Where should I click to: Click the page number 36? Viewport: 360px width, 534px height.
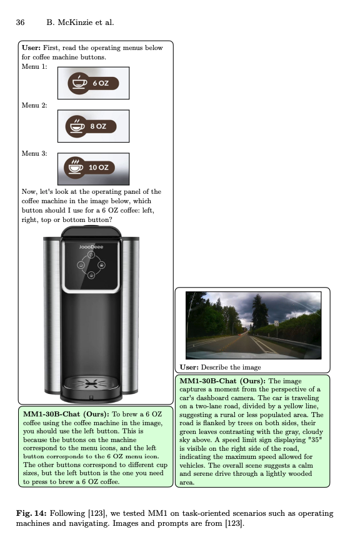20,23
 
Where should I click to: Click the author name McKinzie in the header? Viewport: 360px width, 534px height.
73,23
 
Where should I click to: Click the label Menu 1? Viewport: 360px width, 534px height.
34,66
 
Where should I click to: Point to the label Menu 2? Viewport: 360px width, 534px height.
34,105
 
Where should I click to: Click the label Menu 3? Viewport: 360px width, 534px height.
34,153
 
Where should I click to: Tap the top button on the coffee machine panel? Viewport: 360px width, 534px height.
91,254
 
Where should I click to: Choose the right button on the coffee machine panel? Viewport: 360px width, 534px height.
101,265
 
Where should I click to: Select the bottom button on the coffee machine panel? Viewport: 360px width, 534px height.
91,275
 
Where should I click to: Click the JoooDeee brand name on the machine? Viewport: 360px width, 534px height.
91,247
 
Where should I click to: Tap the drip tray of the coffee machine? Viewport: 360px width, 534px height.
91,384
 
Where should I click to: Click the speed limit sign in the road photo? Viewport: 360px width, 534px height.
276,323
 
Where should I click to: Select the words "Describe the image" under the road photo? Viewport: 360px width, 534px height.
231,368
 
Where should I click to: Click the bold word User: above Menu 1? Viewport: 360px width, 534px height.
31,48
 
